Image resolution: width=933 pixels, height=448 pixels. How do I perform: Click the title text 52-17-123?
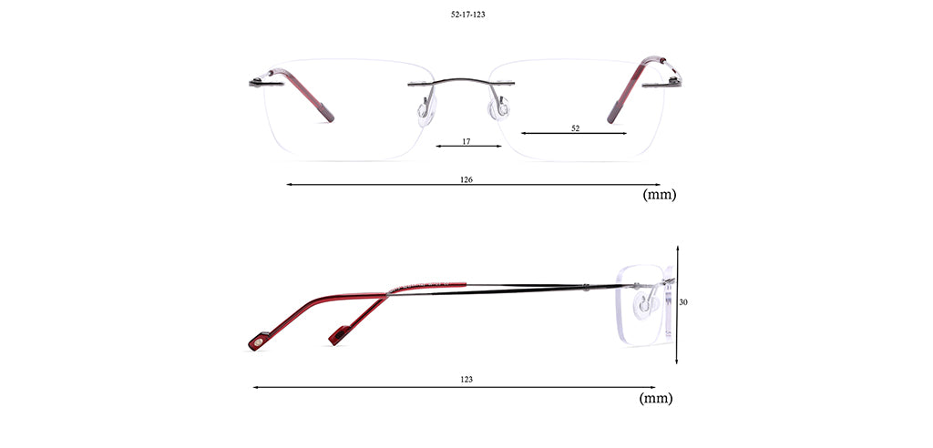point(467,15)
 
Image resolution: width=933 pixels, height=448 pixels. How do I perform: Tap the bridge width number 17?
point(466,142)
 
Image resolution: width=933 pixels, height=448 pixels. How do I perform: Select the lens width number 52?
point(576,127)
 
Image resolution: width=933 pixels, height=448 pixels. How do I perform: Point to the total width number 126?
point(466,179)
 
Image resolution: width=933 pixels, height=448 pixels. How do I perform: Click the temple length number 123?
point(466,379)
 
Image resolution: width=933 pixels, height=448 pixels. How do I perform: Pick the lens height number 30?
point(683,302)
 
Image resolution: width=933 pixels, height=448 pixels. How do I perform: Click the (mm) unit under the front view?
point(660,195)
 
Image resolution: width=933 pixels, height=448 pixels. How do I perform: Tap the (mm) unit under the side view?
point(656,399)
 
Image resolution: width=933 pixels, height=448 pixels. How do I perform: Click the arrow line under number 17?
point(469,146)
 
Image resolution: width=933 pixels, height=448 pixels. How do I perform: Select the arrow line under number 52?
point(574,133)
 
